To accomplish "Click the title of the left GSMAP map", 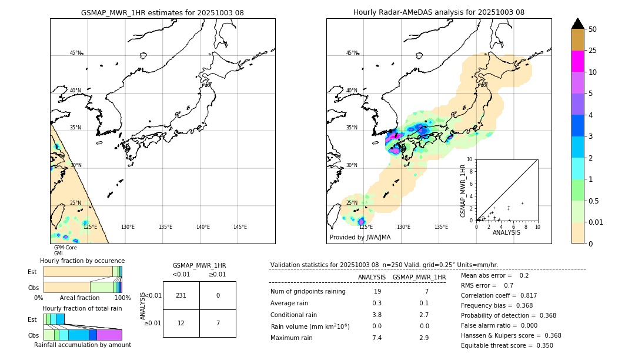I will pos(162,12).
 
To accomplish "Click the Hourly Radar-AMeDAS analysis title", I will pos(439,12).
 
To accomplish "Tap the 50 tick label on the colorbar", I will pos(593,29).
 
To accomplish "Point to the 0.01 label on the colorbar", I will pos(596,222).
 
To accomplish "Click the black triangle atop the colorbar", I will pos(578,24).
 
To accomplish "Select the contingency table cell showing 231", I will pos(181,295).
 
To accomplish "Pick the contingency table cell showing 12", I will pos(181,324).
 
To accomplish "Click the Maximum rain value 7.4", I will pos(376,338).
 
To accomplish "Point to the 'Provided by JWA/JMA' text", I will pos(360,237).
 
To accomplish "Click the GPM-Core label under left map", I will pos(65,248).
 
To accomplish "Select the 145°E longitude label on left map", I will pos(240,227).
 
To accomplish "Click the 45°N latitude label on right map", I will pos(352,53).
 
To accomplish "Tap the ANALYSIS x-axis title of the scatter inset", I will pos(506,232).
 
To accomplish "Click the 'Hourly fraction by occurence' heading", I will pos(82,261).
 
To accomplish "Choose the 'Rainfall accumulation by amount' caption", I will pos(82,345).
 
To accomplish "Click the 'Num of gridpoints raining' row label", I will pos(308,291).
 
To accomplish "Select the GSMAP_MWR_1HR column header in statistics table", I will pos(419,277).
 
